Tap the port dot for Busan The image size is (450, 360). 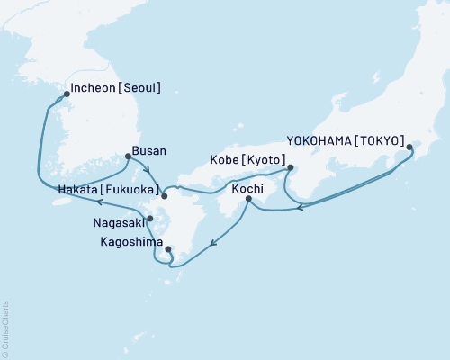tap(128, 157)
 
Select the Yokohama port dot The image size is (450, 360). tap(409, 147)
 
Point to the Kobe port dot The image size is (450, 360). tap(290, 167)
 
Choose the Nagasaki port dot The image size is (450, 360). tap(150, 219)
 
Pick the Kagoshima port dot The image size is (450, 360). tap(168, 249)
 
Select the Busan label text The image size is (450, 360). tap(148, 152)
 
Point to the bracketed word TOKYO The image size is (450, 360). tap(382, 140)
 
